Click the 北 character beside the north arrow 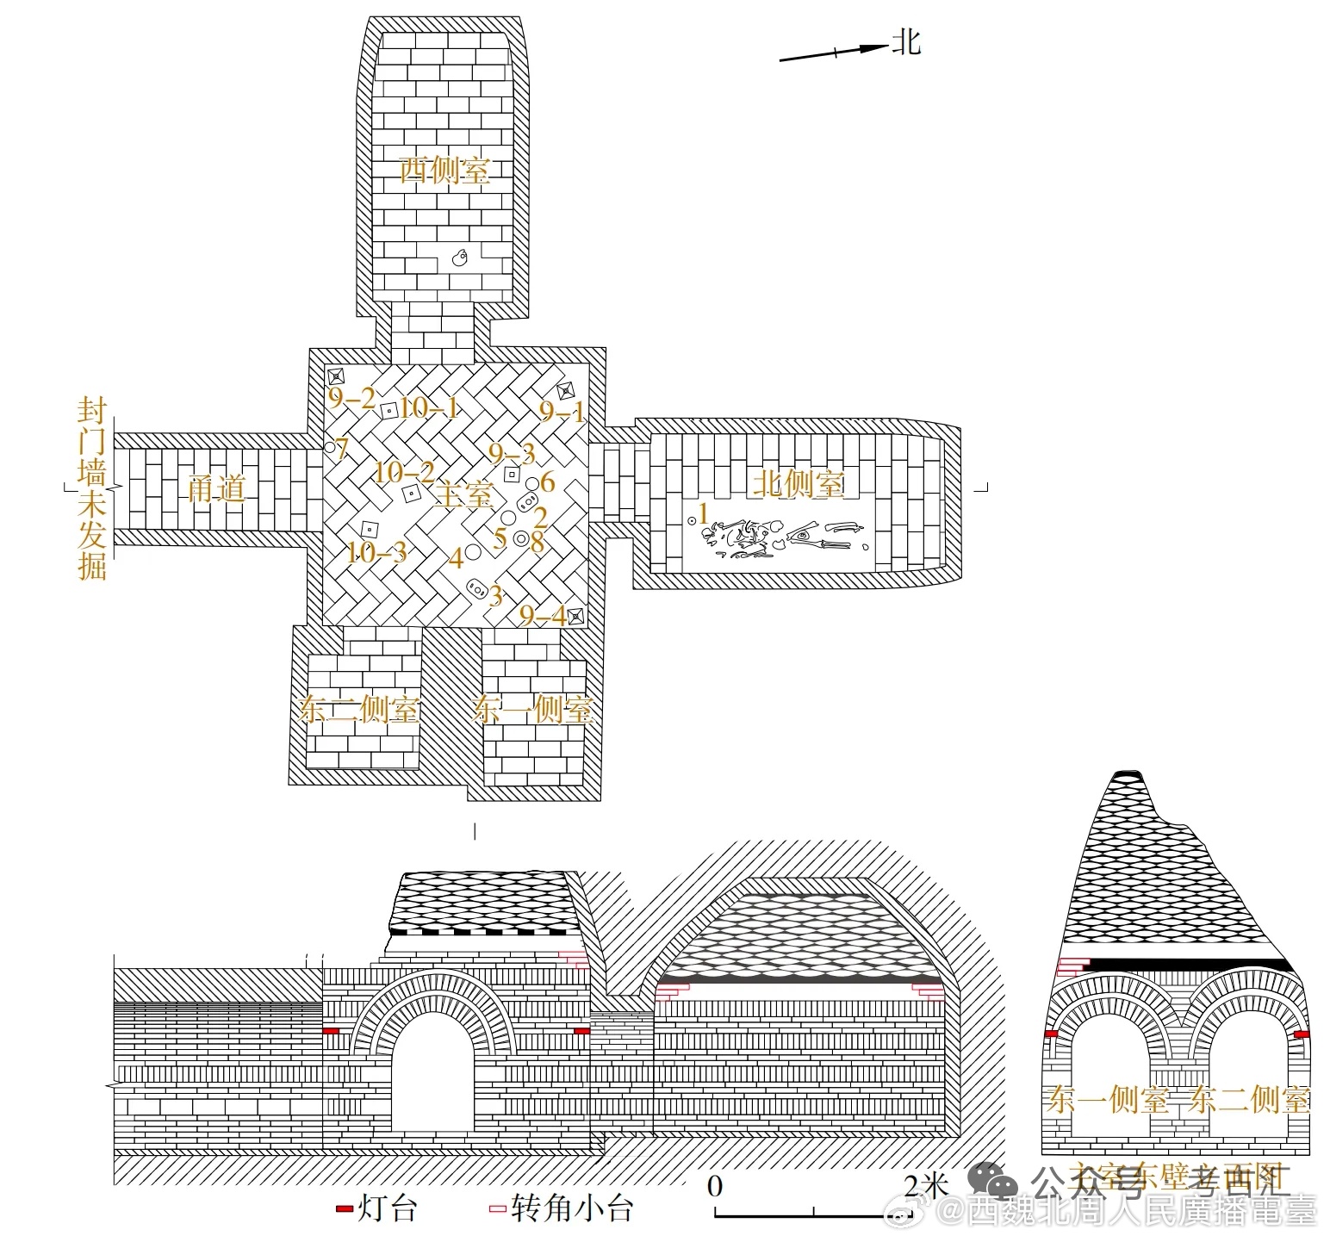[906, 40]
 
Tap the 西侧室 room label [444, 170]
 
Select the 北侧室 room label [799, 483]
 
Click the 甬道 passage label [217, 489]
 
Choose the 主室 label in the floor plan [464, 495]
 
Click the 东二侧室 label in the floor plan [359, 710]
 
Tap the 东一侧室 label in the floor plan [533, 710]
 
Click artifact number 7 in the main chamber [342, 449]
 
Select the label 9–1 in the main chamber [562, 412]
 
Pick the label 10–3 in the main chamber [376, 551]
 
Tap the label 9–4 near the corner [543, 616]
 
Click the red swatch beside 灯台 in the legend [344, 1210]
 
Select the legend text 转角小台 [572, 1208]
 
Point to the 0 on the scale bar [715, 1186]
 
